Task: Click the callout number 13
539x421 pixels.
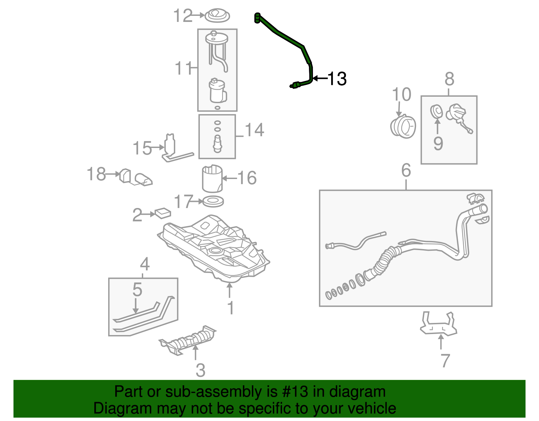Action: [x=337, y=79]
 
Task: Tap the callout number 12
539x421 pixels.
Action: [x=183, y=16]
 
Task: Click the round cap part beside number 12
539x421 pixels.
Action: [x=217, y=16]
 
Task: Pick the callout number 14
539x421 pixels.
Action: [x=254, y=130]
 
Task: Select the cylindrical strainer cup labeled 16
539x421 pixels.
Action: [x=212, y=179]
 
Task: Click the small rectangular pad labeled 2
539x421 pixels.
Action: [x=163, y=213]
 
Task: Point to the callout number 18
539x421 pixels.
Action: [x=96, y=174]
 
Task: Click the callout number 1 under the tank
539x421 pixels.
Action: [x=230, y=308]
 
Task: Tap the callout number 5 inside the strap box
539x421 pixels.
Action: [x=137, y=289]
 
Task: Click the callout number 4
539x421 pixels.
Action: [x=145, y=264]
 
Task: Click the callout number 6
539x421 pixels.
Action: [x=406, y=170]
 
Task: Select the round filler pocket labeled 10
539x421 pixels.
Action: [x=403, y=126]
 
